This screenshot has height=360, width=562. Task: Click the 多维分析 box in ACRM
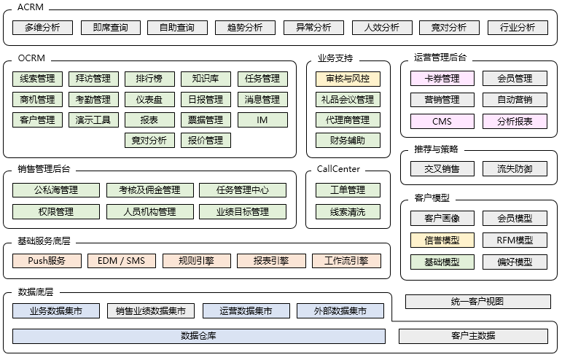click(x=42, y=28)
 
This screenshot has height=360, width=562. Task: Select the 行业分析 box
click(x=518, y=28)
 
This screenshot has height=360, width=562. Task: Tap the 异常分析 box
click(x=313, y=28)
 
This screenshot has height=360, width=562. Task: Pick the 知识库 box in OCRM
click(x=206, y=79)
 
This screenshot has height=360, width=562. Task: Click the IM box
click(x=262, y=120)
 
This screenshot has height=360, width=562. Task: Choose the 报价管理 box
click(x=206, y=140)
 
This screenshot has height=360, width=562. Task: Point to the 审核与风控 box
click(x=348, y=79)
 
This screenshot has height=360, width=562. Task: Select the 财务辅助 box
click(x=348, y=140)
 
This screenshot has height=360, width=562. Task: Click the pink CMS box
click(x=442, y=122)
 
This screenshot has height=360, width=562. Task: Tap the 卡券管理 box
click(x=442, y=78)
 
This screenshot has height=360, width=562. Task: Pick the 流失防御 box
click(x=515, y=169)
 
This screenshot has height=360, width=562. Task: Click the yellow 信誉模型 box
click(x=442, y=240)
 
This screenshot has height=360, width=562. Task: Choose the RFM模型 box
click(x=515, y=240)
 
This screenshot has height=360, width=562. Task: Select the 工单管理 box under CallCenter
click(x=348, y=190)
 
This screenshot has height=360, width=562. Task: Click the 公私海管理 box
click(x=55, y=190)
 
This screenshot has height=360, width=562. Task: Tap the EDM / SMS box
click(x=122, y=260)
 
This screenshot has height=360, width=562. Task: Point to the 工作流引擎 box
click(x=346, y=260)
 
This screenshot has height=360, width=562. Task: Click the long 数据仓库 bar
click(x=198, y=336)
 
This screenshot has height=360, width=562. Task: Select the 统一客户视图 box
click(x=477, y=301)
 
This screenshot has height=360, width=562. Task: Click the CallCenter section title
click(x=338, y=169)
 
